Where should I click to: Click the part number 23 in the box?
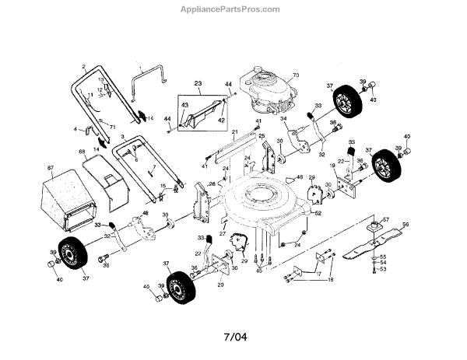(x=198, y=82)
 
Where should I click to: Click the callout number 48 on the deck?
(x=300, y=177)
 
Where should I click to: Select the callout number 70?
(x=294, y=75)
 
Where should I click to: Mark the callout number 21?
(x=233, y=132)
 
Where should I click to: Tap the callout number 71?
(x=112, y=125)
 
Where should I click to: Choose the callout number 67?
(x=50, y=168)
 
